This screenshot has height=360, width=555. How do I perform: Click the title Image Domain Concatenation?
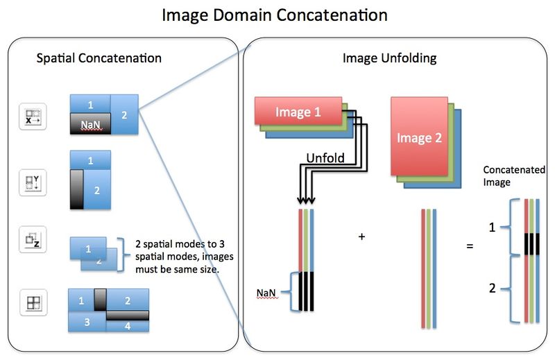tap(274, 15)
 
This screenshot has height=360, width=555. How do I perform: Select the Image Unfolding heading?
tap(389, 59)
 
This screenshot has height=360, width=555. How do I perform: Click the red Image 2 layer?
tap(419, 137)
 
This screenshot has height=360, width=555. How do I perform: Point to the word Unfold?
tap(325, 158)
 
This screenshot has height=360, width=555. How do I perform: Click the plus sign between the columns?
tap(361, 237)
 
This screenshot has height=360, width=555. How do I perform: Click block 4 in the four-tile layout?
tap(129, 325)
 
